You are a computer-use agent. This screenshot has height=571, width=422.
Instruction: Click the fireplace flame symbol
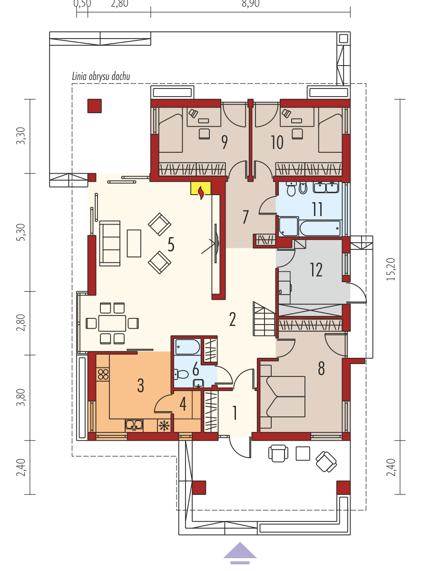point(201,193)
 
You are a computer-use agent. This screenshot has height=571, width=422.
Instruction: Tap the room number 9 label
point(225,142)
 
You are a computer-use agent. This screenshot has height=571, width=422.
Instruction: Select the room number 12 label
point(316,270)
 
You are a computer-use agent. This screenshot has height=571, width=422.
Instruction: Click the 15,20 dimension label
point(391,269)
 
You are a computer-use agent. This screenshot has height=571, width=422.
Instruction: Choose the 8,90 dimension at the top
point(250,4)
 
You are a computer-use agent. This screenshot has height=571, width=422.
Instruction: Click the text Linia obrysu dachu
point(101,77)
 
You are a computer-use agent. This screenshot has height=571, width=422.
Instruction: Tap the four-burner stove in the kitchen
point(103,374)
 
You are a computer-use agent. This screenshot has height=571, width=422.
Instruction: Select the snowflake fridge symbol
point(164,426)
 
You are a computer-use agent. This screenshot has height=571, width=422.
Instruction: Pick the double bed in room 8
point(283,397)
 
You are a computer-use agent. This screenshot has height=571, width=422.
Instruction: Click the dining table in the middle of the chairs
point(112,323)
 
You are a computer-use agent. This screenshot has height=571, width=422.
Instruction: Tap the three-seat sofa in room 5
point(110,243)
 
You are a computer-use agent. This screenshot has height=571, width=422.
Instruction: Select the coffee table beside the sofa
point(134,244)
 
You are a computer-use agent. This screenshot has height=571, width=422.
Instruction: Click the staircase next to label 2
point(265,319)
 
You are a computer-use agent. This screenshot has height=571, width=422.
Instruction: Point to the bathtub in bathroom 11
point(320,228)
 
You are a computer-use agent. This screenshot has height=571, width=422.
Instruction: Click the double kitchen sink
point(134,425)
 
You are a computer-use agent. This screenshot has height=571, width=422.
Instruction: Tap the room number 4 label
point(183,404)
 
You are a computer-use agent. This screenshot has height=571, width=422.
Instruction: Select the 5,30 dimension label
point(21,232)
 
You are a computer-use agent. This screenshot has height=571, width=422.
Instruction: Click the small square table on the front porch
point(303,453)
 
